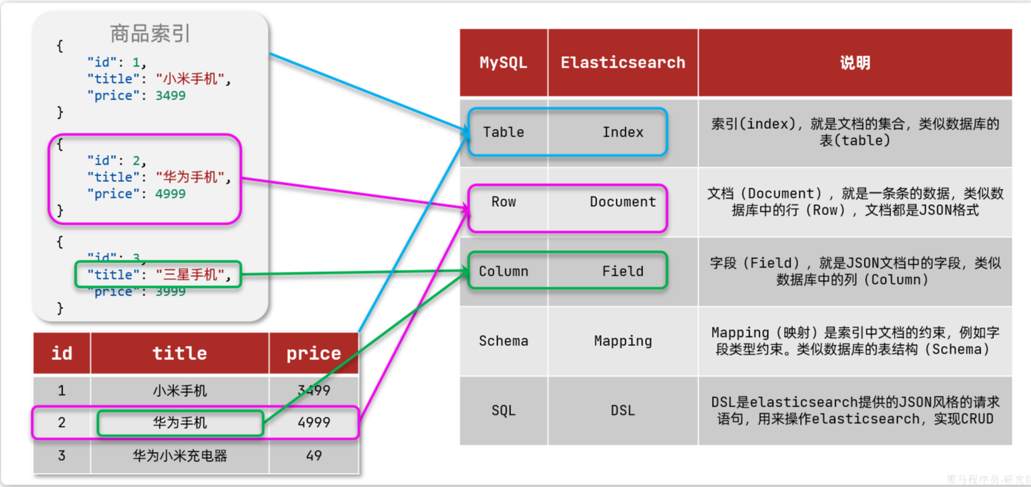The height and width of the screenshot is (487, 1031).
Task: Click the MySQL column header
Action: [x=503, y=63]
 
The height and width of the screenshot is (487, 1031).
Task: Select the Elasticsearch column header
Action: [x=623, y=63]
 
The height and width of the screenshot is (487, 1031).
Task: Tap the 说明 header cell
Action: [x=855, y=63]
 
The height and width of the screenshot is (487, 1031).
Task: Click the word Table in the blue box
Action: [x=503, y=132]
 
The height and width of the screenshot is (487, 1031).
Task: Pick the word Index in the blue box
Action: [x=623, y=132]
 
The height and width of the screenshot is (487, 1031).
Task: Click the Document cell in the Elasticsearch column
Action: [x=623, y=202]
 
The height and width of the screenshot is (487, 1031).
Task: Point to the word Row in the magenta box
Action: [x=503, y=202]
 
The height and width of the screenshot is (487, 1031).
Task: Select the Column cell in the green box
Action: [x=503, y=271]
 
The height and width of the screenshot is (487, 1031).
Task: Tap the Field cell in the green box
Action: [x=623, y=271]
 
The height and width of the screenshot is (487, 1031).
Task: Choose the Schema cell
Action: [x=503, y=341]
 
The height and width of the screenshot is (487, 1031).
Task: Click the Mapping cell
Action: [x=623, y=341]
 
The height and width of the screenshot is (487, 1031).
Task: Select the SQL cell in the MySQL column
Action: [x=503, y=410]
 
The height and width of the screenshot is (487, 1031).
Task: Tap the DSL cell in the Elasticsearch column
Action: [x=623, y=410]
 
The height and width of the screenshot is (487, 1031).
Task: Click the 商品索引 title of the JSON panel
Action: [x=150, y=33]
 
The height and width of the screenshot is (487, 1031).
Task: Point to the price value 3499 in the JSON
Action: [x=170, y=96]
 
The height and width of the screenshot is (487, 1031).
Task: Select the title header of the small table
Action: [x=179, y=353]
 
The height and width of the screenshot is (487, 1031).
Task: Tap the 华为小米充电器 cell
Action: [x=179, y=456]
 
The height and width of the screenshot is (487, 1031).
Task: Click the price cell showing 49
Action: [x=313, y=456]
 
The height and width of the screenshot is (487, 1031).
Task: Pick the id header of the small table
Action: [x=62, y=353]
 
